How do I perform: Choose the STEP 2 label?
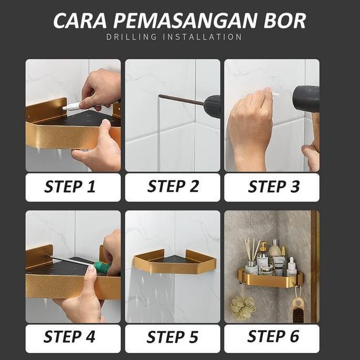(173, 187)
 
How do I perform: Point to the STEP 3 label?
(272, 187)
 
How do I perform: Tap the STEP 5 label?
(173, 337)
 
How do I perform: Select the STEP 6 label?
(272, 337)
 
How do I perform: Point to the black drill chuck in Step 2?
(212, 106)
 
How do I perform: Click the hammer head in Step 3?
(306, 99)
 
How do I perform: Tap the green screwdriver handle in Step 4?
(103, 268)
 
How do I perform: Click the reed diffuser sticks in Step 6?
(251, 250)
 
